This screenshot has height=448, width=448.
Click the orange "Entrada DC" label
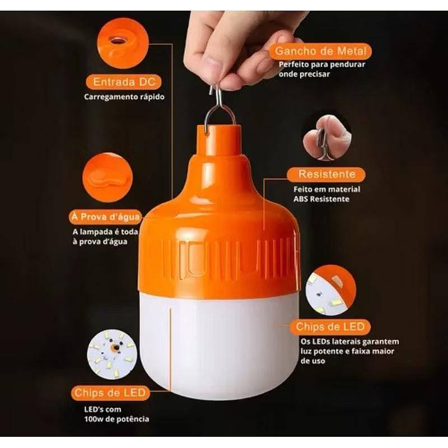pos(124,82)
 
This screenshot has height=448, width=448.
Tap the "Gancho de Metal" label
pos(320,51)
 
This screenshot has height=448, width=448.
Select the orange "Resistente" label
pos(326,174)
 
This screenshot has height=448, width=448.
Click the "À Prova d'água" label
pos(106,217)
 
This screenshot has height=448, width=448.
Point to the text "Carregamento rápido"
pos(124,97)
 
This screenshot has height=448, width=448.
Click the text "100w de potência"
pos(116,419)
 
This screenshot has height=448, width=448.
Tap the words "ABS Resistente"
pos(321,199)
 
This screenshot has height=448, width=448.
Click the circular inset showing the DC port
pos(123,43)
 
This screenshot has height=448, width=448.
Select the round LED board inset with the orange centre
pos(112,354)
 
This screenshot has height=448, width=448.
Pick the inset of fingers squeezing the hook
pos(328,138)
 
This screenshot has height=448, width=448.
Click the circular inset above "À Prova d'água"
pos(108,178)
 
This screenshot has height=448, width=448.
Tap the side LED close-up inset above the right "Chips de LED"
pos(330,290)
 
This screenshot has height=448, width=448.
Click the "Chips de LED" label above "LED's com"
pos(110,393)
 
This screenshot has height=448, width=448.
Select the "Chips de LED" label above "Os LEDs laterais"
pos(330,327)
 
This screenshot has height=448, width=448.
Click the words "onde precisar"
pos(304,74)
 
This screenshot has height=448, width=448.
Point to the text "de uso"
pos(312,361)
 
